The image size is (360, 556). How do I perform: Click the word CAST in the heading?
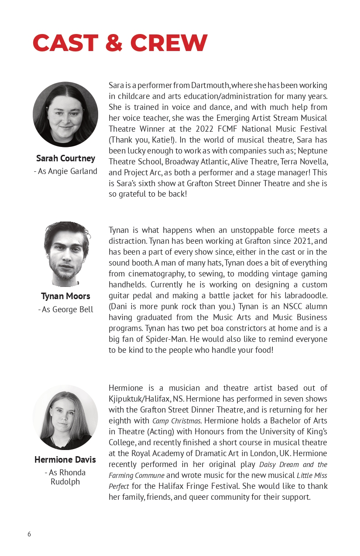65,43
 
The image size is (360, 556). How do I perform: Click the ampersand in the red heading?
115,43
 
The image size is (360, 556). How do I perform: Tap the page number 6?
29,534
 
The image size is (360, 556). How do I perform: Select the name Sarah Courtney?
65,158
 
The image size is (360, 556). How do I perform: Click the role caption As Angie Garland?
65,171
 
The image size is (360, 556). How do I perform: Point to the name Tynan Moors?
65,296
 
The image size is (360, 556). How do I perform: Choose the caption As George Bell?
65,310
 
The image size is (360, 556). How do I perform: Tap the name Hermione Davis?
65,460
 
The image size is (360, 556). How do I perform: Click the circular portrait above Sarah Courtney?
65,114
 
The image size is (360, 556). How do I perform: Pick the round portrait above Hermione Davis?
65,417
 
